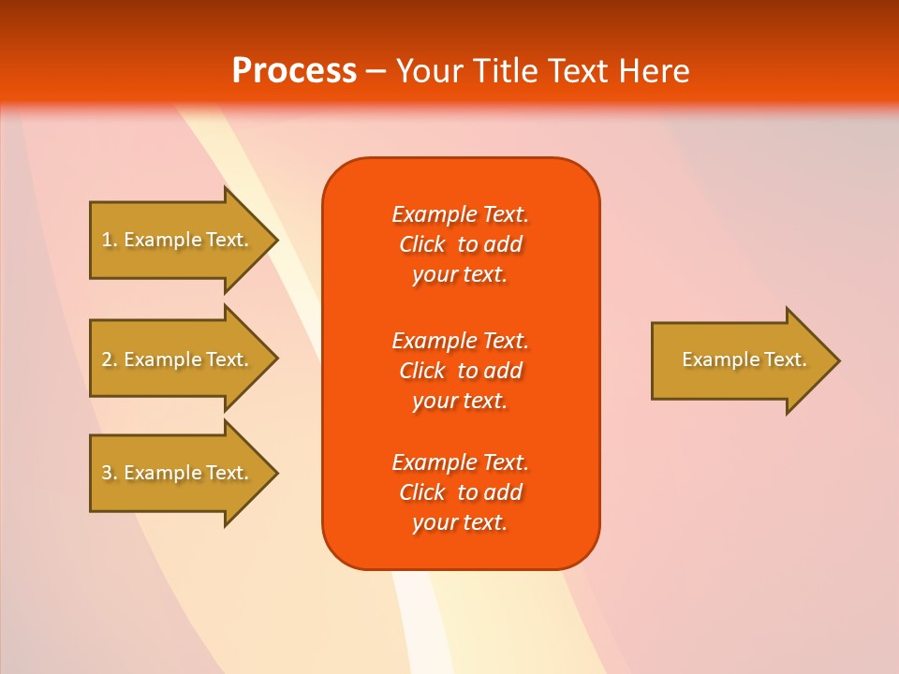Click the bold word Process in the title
point(294,71)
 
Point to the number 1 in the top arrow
point(108,240)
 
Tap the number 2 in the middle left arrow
point(108,359)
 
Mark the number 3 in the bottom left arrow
point(108,473)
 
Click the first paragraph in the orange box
point(460,244)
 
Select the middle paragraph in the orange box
point(460,371)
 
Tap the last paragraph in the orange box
point(460,492)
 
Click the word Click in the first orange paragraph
point(422,244)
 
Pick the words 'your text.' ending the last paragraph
point(460,522)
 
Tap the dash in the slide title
point(376,71)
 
